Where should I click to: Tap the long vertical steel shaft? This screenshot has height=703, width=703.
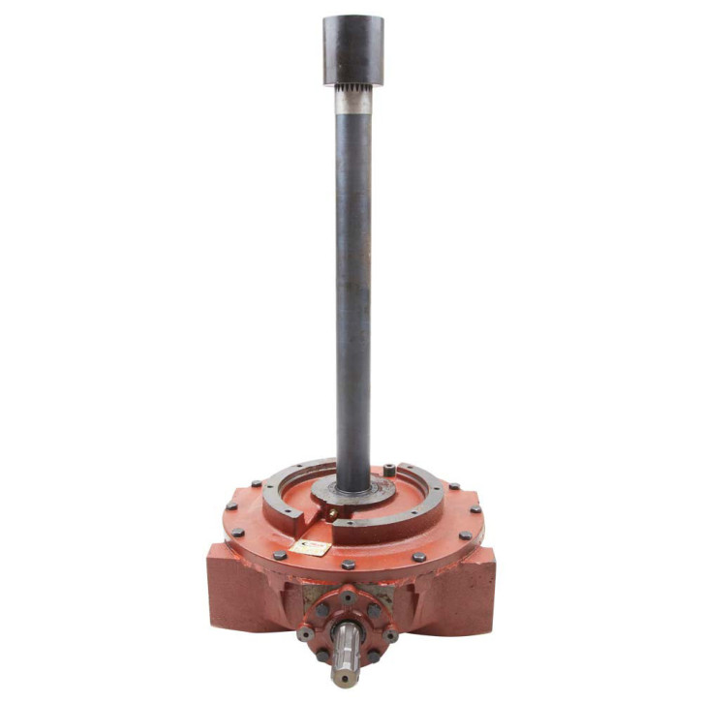pos(352,290)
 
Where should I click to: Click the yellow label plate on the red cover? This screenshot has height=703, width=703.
pos(310,548)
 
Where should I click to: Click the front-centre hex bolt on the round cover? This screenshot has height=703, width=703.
pos(349,565)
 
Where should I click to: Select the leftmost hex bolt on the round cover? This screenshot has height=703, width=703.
pos(231,505)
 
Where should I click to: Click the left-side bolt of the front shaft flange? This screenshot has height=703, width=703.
pos(307,634)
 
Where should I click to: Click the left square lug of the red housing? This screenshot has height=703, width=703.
pos(232,586)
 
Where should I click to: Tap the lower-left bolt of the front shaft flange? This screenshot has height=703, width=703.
pos(322,656)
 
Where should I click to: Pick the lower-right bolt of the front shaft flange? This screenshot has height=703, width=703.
pos(374,657)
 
